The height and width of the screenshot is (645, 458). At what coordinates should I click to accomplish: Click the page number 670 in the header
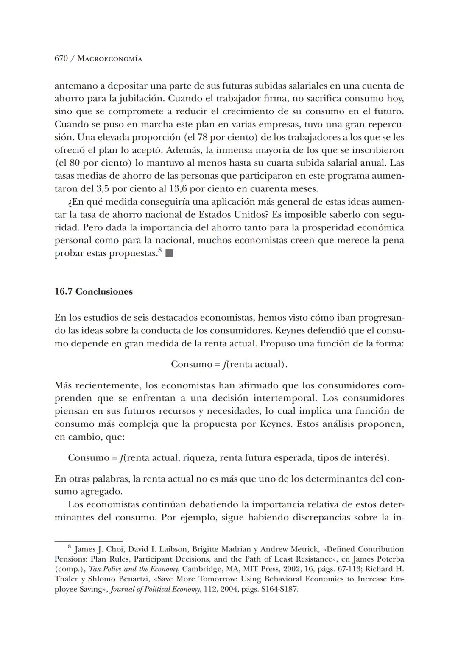point(61,59)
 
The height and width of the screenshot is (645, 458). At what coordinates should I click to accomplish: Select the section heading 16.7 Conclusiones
point(93,292)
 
